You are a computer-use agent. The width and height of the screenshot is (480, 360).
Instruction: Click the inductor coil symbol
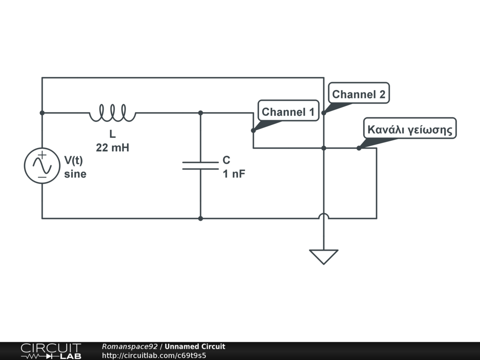point(112,113)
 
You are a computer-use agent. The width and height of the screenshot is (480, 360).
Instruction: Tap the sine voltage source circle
point(42,165)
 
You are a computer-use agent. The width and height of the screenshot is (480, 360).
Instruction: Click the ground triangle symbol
point(323,256)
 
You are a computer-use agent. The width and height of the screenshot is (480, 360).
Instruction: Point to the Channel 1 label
point(288,112)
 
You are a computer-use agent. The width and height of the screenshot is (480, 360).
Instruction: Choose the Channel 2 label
point(359,94)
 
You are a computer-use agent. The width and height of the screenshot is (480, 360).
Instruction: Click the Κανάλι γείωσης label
point(410,129)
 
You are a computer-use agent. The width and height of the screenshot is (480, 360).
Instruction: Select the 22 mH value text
point(112,148)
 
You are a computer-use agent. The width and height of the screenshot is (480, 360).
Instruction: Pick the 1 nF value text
point(234,174)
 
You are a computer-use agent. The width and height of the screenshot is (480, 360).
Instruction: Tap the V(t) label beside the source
point(74,161)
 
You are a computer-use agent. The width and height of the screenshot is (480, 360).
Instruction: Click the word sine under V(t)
point(75,174)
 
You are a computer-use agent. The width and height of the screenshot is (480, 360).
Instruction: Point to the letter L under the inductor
point(112,135)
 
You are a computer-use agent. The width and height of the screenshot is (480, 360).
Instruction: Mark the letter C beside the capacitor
point(226,161)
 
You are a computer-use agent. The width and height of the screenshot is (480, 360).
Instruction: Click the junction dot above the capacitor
point(201,113)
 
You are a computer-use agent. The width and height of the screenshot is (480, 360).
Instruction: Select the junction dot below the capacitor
point(201,218)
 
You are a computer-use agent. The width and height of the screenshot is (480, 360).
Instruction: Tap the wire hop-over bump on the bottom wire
point(323,216)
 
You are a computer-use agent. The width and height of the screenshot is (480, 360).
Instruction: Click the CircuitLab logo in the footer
point(51,351)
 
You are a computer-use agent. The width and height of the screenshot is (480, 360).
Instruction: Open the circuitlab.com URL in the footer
point(154,355)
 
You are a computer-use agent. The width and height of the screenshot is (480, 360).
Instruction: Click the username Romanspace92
point(130,346)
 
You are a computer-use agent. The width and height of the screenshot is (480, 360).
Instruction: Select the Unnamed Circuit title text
point(195,346)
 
